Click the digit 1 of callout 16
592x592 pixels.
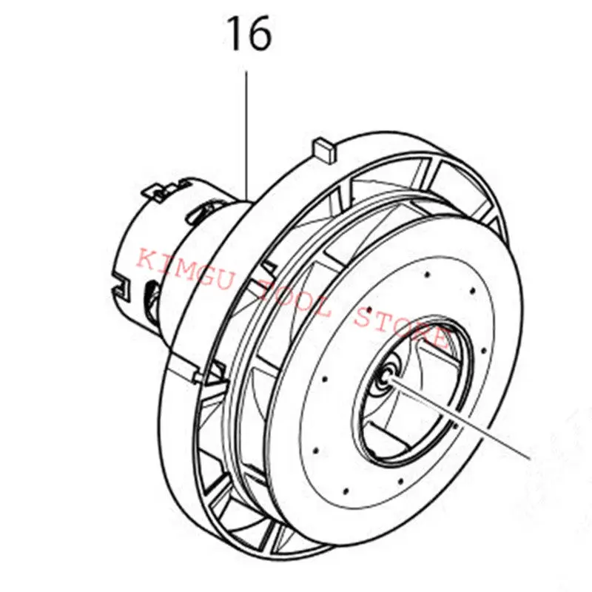point(235,33)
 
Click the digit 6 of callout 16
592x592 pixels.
point(259,33)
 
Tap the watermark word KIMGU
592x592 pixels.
point(184,269)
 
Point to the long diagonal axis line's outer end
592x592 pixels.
point(530,459)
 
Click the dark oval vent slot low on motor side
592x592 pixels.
point(152,301)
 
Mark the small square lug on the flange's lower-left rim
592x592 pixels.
point(198,377)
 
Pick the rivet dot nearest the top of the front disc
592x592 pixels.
point(427,275)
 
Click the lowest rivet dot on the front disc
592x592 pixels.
point(346,491)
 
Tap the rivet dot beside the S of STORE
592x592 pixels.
point(369,310)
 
